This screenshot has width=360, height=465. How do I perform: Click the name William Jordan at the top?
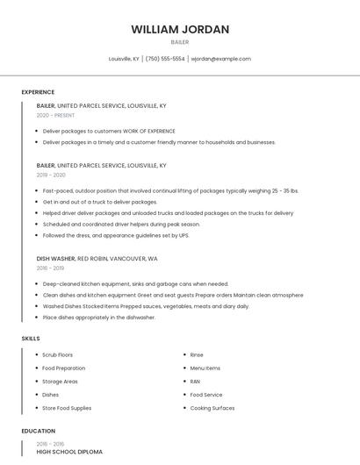pyautogui.click(x=180, y=29)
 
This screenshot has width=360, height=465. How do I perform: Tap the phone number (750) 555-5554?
pyautogui.click(x=165, y=59)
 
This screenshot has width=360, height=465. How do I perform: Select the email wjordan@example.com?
pyautogui.click(x=220, y=59)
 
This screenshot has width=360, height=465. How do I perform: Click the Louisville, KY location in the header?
pyautogui.click(x=124, y=59)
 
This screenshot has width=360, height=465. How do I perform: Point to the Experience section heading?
pyautogui.click(x=38, y=92)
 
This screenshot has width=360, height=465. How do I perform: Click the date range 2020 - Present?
pyautogui.click(x=57, y=115)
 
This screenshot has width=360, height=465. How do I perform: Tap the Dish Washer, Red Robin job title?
pyautogui.click(x=97, y=259)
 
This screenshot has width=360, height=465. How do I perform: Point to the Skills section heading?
pyautogui.click(x=31, y=338)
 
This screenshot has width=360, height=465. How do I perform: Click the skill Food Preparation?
pyautogui.click(x=64, y=368)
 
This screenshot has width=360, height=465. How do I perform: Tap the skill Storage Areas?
pyautogui.click(x=60, y=382)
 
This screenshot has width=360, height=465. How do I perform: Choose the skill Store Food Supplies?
pyautogui.click(x=67, y=408)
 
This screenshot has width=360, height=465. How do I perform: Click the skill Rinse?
pyautogui.click(x=197, y=354)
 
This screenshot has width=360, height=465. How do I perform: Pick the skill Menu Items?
pyautogui.click(x=205, y=368)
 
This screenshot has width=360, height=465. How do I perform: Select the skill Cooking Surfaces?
pyautogui.click(x=212, y=408)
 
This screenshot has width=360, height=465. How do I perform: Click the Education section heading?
pyautogui.click(x=39, y=431)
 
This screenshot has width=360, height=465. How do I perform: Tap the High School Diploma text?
pyautogui.click(x=69, y=452)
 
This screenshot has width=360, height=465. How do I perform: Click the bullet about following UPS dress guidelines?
pyautogui.click(x=115, y=235)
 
